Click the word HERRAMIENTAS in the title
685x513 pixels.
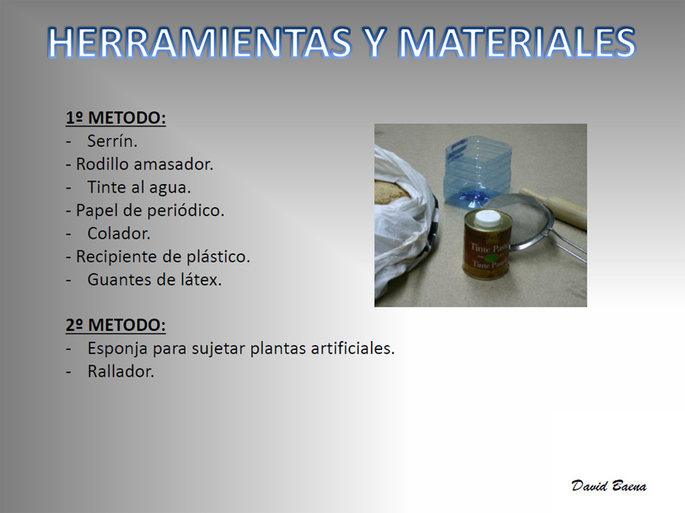click(x=199, y=43)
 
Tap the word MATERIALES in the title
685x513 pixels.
click(x=518, y=43)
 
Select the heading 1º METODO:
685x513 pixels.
click(x=116, y=118)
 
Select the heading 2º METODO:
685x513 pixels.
click(x=116, y=325)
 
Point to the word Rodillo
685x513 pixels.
click(x=103, y=164)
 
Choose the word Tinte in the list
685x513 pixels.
click(x=107, y=187)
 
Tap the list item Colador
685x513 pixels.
click(x=119, y=234)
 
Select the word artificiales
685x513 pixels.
click(x=352, y=349)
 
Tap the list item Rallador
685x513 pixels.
click(x=120, y=372)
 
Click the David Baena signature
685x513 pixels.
click(x=609, y=486)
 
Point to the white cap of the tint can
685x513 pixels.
click(x=488, y=218)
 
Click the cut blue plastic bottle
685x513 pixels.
click(x=478, y=174)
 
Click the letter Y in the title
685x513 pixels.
click(x=375, y=43)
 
